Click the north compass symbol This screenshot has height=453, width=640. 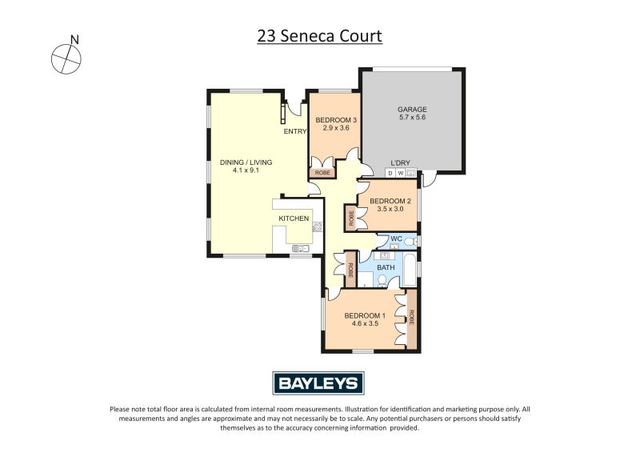(x=66, y=58)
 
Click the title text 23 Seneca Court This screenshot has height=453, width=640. (x=319, y=36)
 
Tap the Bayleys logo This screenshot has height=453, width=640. (x=319, y=383)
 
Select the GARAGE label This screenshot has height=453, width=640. (x=412, y=110)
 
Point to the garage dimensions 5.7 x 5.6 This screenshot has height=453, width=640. (x=412, y=118)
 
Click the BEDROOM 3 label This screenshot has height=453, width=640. (x=335, y=120)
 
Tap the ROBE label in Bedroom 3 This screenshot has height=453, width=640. (x=322, y=172)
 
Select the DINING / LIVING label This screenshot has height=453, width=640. (x=246, y=162)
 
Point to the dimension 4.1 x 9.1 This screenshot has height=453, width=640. (x=246, y=170)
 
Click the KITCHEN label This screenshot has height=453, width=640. (x=294, y=218)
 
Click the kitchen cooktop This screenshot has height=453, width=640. (x=317, y=226)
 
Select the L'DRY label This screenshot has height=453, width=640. (x=400, y=162)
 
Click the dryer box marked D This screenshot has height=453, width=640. (x=390, y=173)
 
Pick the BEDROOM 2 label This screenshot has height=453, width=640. (x=390, y=201)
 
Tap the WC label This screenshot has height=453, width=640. (x=394, y=239)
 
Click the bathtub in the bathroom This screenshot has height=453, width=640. (x=408, y=270)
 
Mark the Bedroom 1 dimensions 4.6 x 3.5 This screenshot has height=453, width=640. (x=365, y=323)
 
